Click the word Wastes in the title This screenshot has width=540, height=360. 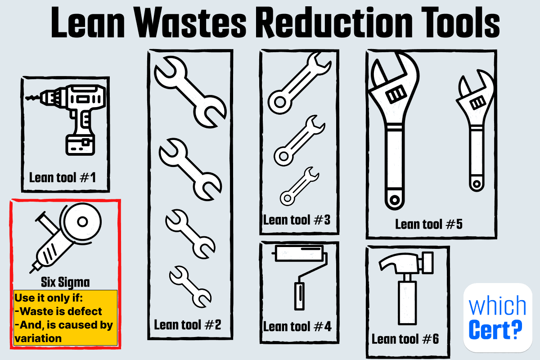coord(190,22)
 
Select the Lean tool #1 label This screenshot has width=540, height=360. coord(63,178)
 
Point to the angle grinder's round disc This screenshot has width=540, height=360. coord(82,222)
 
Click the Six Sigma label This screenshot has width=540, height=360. coord(65,282)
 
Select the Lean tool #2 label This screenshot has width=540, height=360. coord(188,325)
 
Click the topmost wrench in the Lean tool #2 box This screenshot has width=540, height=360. coord(190,92)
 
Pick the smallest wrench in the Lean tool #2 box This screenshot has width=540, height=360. coord(190,287)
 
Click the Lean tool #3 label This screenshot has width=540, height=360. coord(297,220)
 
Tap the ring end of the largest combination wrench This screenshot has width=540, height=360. coord(280,102)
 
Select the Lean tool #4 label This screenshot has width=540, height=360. coord(297,327)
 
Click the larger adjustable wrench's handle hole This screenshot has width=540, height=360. coord(395,200)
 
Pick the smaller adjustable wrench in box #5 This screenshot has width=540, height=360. coord(475,130)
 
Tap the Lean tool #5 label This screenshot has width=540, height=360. coord(429,224)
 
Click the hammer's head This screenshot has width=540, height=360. coord(406,263)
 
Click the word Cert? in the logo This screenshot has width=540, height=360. coord(495,329)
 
